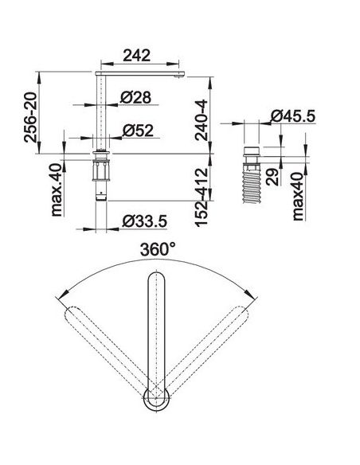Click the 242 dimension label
137,56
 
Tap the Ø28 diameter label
136,97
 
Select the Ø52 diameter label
138,131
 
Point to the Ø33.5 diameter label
145,221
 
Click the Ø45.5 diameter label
293,115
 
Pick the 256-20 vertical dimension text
31,117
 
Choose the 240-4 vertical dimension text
202,120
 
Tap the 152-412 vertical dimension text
202,197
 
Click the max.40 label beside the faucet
57,190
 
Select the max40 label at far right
298,197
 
